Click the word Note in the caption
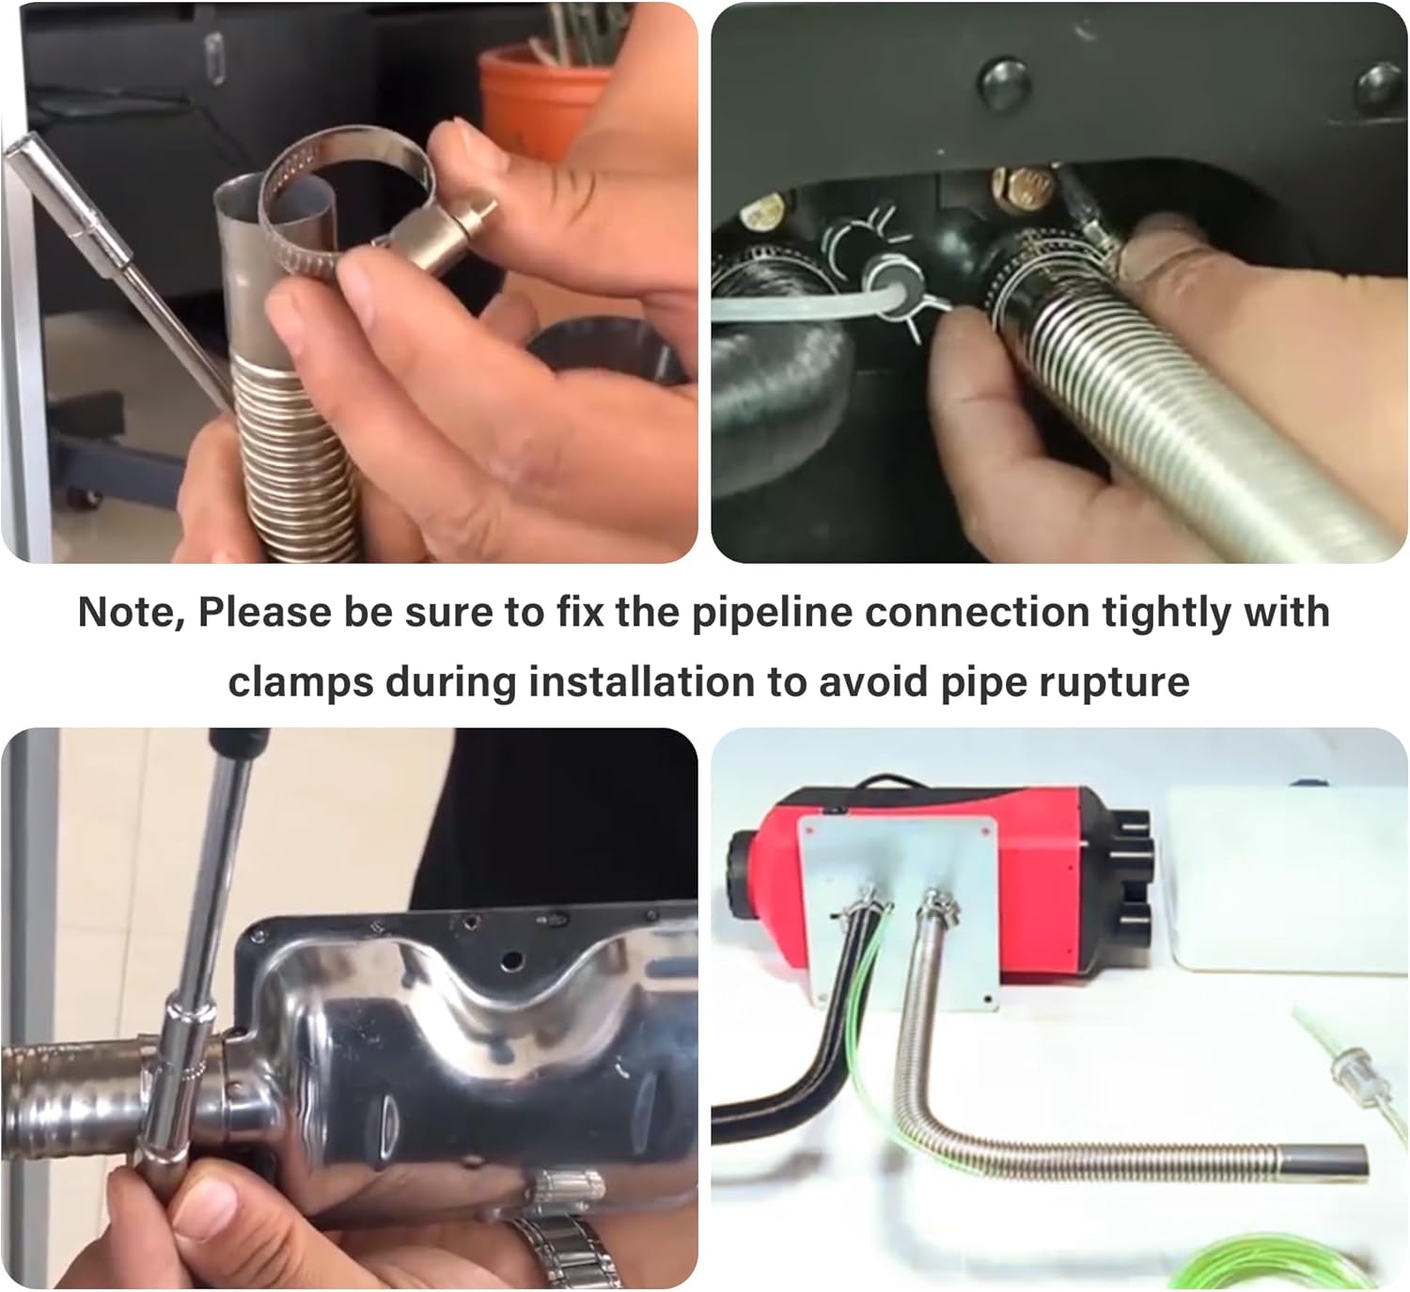[131, 613]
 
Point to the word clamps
[300, 683]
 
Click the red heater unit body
[1041, 879]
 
